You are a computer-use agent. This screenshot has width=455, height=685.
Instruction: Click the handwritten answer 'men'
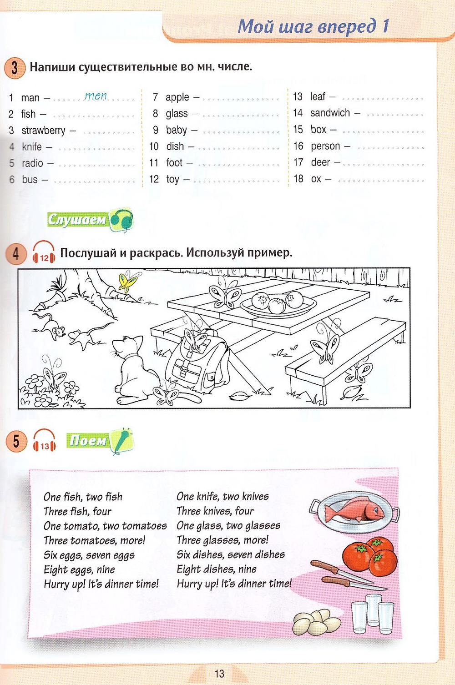[x=96, y=96]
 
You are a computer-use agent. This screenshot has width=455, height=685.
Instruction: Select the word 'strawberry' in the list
[x=43, y=131]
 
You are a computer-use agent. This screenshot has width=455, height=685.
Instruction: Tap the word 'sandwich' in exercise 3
[x=330, y=113]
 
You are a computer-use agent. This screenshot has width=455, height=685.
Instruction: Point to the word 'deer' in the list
[x=320, y=162]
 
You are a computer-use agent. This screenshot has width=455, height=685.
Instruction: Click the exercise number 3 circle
[x=15, y=68]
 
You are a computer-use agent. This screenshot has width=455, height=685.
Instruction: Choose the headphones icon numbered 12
[x=44, y=253]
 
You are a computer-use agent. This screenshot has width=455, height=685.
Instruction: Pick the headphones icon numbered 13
[x=44, y=441]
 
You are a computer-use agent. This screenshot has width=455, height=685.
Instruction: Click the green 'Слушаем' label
[x=77, y=220]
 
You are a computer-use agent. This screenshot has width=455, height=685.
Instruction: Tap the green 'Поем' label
[x=87, y=440]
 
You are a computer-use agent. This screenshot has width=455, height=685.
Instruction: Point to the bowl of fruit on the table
[x=278, y=302]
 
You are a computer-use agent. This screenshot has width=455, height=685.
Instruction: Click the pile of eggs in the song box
[x=317, y=622]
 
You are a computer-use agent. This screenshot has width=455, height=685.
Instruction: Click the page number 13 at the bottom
[x=219, y=674]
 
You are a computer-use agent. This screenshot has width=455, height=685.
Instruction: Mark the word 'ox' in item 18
[x=316, y=179]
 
